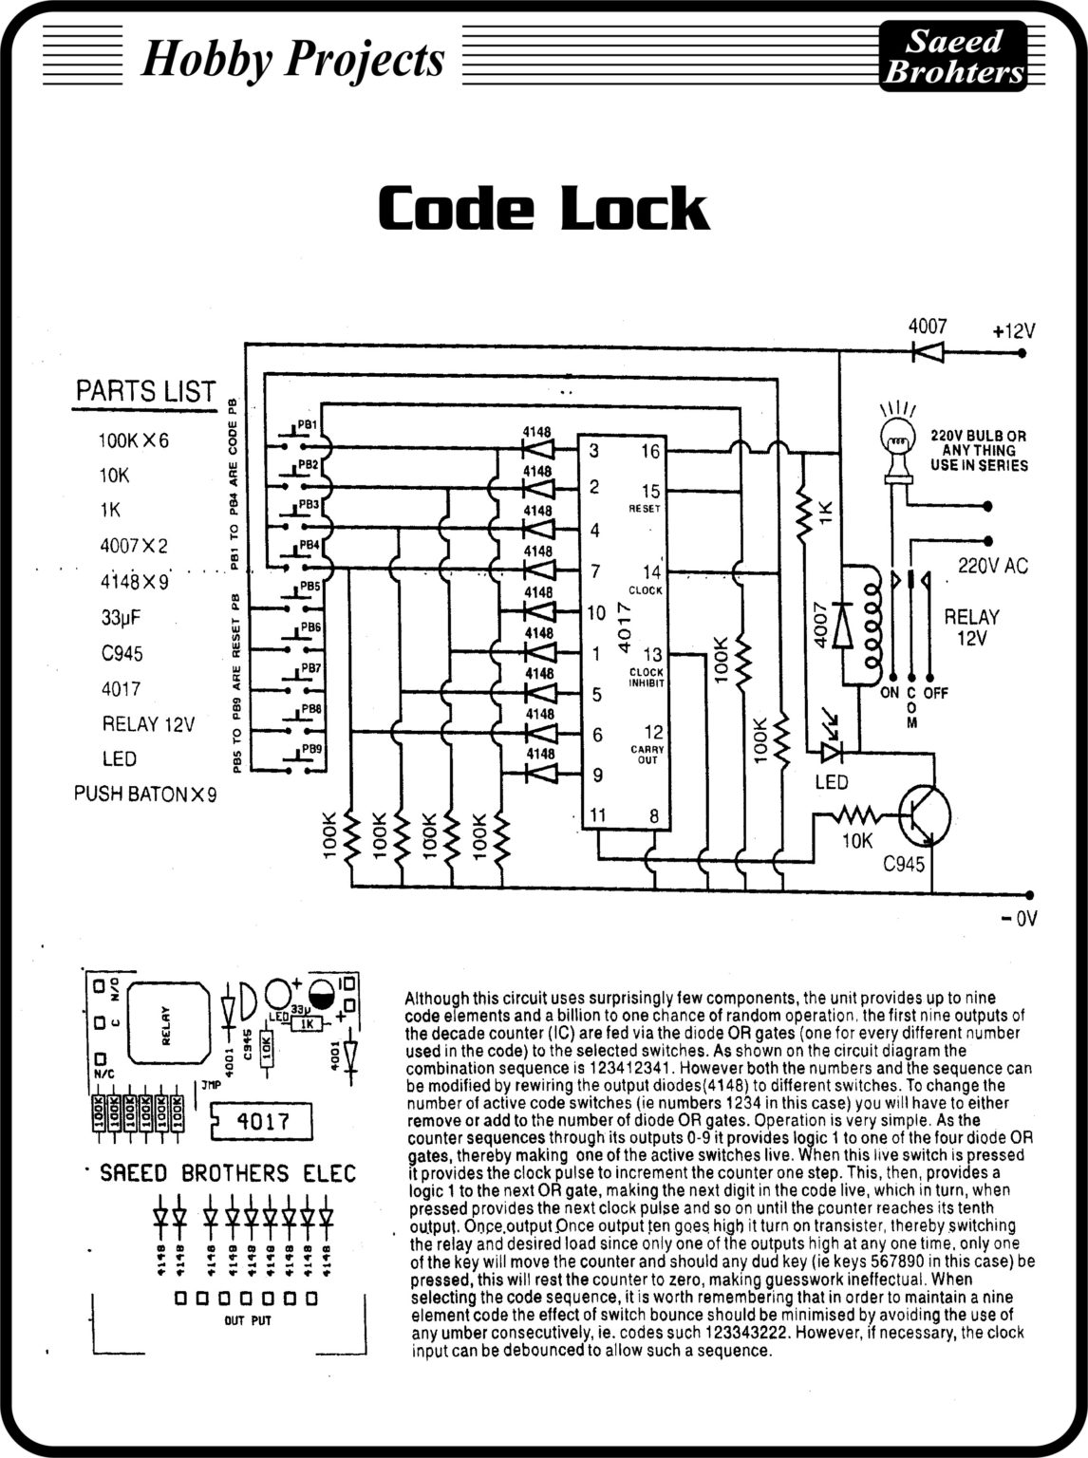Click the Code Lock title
543,209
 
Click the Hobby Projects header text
292,59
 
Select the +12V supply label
1013,332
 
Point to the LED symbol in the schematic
832,750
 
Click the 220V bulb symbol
895,440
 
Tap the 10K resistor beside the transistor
858,814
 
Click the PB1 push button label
307,425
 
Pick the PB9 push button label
311,749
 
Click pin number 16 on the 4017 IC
649,452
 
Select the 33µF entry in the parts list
121,617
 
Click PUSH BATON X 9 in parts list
145,794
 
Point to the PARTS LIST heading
145,391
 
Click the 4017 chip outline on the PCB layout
261,1121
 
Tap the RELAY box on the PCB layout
167,1026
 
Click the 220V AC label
992,566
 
